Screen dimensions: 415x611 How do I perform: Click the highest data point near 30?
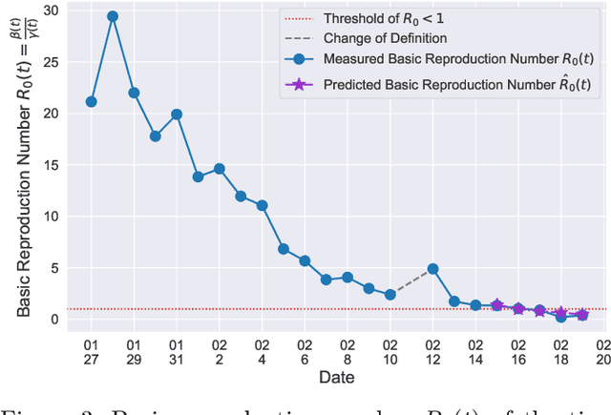click(x=113, y=17)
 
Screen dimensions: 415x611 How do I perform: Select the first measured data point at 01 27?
click(x=91, y=101)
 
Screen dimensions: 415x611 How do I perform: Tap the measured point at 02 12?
click(x=432, y=269)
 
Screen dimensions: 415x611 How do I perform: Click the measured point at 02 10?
click(x=390, y=295)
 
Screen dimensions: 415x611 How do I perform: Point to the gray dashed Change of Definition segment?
click(x=411, y=282)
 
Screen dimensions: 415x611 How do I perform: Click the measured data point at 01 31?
click(x=177, y=114)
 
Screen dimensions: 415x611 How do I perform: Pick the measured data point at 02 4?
click(x=262, y=205)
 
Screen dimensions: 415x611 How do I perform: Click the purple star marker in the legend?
click(x=298, y=84)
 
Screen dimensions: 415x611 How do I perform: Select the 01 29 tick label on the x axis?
click(x=134, y=352)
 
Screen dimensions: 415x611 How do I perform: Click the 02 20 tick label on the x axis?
click(x=603, y=352)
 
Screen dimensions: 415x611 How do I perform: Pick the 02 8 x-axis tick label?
click(x=348, y=352)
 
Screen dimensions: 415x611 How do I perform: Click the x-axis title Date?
click(x=338, y=378)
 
